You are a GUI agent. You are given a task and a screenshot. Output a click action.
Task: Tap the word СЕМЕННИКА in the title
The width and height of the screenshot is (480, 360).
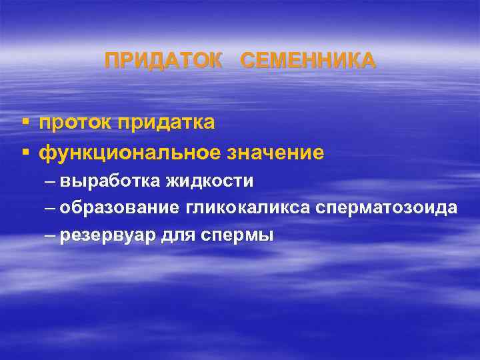pyautogui.click(x=307, y=61)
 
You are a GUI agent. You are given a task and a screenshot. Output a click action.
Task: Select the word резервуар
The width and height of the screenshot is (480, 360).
pyautogui.click(x=107, y=236)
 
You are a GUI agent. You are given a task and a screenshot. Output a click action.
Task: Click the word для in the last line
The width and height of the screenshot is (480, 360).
pyautogui.click(x=177, y=236)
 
